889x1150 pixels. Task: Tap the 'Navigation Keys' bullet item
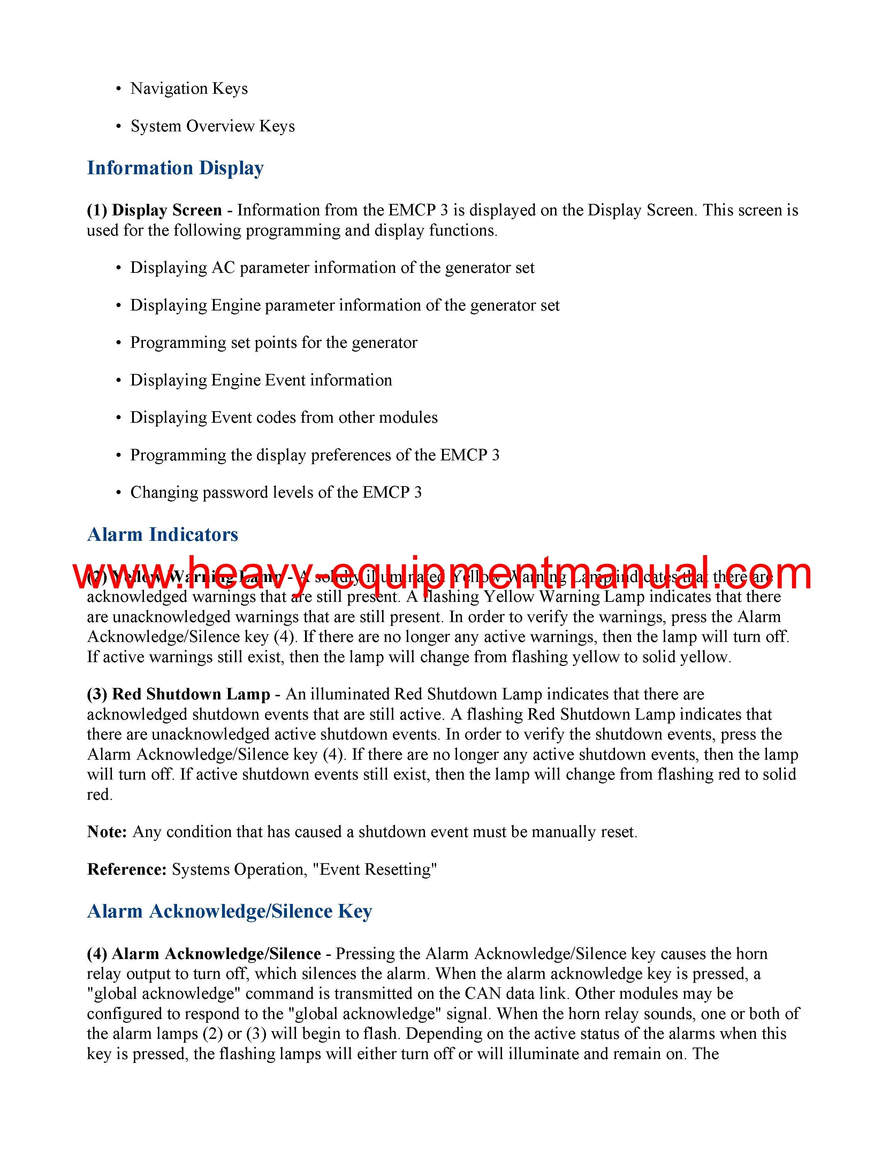click(x=189, y=89)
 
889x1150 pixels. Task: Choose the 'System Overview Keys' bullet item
click(x=212, y=127)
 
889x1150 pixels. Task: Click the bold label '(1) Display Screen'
click(x=154, y=210)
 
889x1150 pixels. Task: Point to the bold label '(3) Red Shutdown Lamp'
click(x=178, y=695)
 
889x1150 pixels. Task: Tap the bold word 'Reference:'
click(x=127, y=869)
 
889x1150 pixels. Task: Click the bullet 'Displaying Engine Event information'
click(x=261, y=380)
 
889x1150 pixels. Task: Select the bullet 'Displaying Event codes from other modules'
click(x=284, y=417)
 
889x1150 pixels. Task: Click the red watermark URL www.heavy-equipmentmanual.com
click(x=442, y=573)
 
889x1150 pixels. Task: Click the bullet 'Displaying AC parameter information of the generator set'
click(x=332, y=268)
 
